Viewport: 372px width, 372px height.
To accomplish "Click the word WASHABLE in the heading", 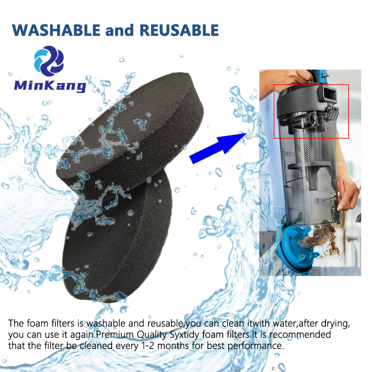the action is tap(56, 30).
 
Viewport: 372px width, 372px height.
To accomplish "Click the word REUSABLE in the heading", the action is tap(179, 30).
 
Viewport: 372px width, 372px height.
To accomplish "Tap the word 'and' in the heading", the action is tap(119, 30).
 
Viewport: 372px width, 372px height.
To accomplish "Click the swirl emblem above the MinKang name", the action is tap(49, 61).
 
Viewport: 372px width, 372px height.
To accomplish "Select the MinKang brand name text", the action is tap(50, 86).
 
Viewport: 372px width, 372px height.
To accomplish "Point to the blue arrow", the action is tap(218, 148).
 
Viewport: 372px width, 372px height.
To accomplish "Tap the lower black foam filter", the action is tap(118, 237).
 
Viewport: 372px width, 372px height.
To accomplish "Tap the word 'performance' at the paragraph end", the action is tap(256, 346).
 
